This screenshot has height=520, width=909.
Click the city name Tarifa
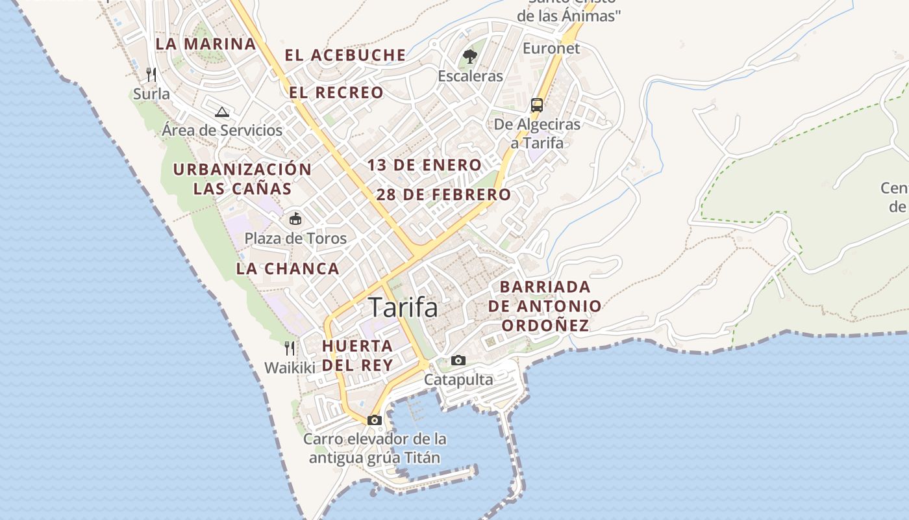(403, 307)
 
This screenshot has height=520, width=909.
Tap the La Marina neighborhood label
(206, 44)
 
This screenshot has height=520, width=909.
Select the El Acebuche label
(345, 55)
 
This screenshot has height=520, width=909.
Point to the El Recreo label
(336, 93)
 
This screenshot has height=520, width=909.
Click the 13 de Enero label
(425, 165)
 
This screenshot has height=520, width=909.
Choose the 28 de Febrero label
(444, 194)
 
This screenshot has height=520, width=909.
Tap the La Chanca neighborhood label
(288, 268)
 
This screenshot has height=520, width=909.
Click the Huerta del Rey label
(358, 355)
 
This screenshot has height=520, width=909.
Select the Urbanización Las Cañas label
(242, 179)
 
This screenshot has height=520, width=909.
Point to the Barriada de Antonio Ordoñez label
(545, 305)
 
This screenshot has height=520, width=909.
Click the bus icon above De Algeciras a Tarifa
(537, 105)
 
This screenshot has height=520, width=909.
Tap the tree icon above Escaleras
(470, 57)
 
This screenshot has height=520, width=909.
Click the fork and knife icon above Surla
(151, 75)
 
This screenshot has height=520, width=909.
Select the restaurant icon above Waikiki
(290, 348)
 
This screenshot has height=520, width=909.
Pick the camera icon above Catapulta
(458, 360)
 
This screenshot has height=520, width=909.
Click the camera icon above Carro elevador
(375, 420)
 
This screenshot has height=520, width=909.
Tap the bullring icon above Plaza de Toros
(295, 218)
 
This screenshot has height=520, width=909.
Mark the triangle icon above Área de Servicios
(222, 112)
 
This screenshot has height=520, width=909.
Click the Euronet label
(551, 48)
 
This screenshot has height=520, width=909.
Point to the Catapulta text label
(458, 380)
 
